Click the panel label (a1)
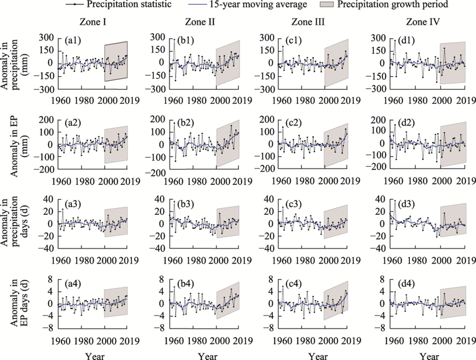[x=72, y=41]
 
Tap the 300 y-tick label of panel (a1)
[x=48, y=38]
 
